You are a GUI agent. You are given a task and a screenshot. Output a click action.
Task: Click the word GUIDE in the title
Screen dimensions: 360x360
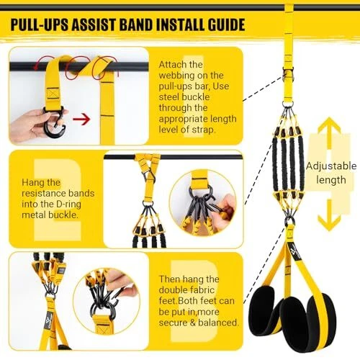point(226,24)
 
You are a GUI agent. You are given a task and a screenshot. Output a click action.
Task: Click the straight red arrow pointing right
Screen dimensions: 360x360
point(81,119)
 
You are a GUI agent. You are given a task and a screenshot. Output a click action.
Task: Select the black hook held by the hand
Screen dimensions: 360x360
point(55,124)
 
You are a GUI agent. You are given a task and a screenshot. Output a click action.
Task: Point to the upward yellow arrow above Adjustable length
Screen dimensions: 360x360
point(329,133)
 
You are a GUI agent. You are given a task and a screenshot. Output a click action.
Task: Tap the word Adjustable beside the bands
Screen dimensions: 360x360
point(331,166)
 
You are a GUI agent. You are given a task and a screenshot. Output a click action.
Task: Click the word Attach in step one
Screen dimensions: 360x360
point(173,65)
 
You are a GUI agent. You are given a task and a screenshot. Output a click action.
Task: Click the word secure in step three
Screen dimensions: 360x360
point(173,323)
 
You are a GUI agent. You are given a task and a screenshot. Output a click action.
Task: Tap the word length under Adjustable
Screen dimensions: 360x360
point(331,180)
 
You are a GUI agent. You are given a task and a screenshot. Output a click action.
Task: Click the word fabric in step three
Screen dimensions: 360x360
point(202,290)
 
